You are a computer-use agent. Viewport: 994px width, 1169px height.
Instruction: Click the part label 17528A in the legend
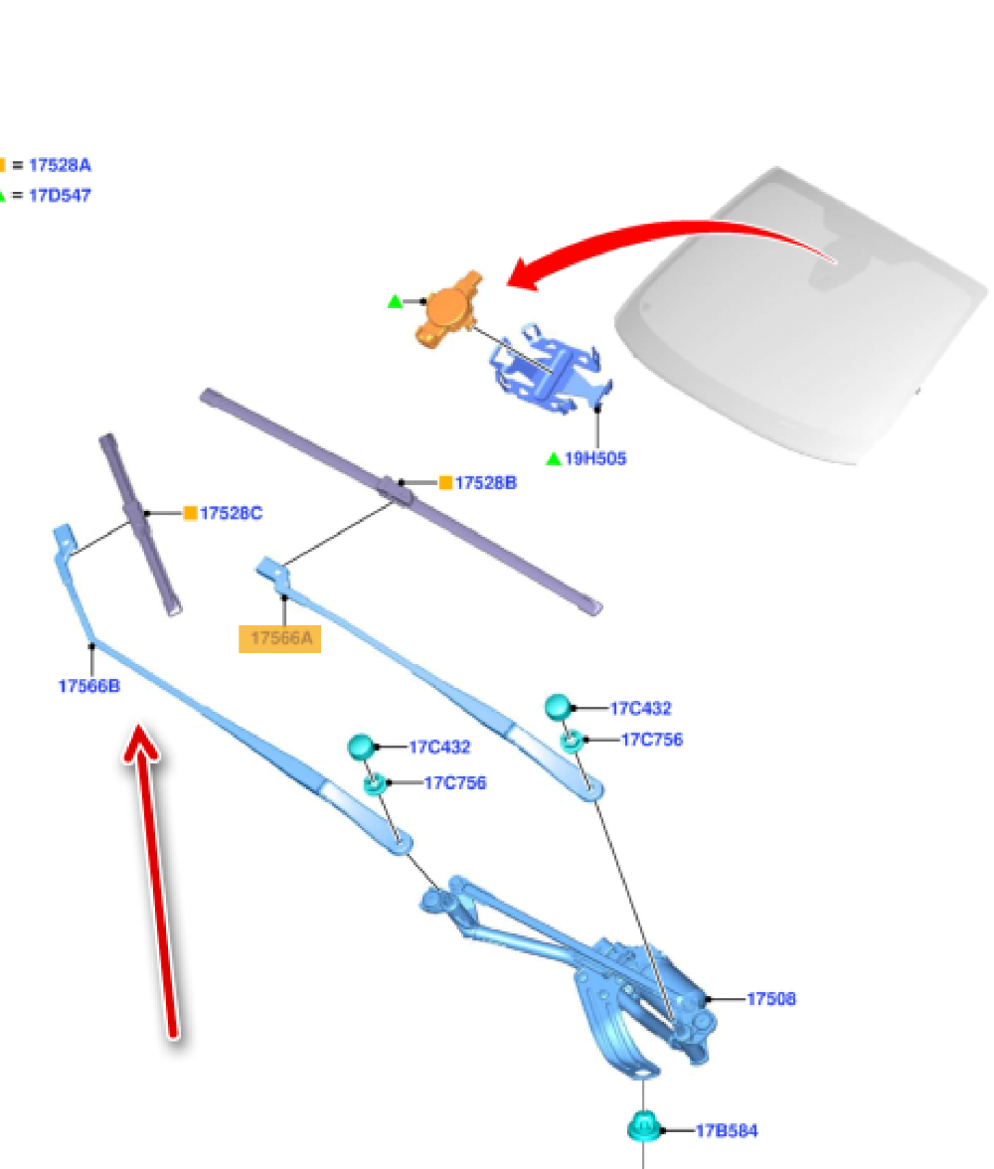(x=60, y=166)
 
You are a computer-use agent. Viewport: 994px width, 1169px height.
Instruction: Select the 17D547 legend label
(x=60, y=196)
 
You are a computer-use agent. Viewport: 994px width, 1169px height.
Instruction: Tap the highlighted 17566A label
(x=280, y=638)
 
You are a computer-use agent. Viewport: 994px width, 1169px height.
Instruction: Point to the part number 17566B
(x=89, y=686)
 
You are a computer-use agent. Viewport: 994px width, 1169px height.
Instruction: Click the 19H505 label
(x=595, y=459)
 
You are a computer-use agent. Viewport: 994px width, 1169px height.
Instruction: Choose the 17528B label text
(x=486, y=483)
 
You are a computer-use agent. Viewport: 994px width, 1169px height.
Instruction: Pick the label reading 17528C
(x=232, y=513)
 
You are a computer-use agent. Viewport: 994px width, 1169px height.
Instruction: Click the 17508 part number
(x=771, y=998)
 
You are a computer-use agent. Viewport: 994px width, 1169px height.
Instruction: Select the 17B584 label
(x=727, y=1130)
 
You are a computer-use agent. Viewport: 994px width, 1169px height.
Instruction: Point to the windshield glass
(x=795, y=328)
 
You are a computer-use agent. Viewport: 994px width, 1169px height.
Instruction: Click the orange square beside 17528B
(x=445, y=483)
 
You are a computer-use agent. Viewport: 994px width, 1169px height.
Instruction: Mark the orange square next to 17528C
(x=190, y=513)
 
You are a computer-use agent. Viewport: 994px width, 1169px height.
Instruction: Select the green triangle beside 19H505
(x=554, y=459)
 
